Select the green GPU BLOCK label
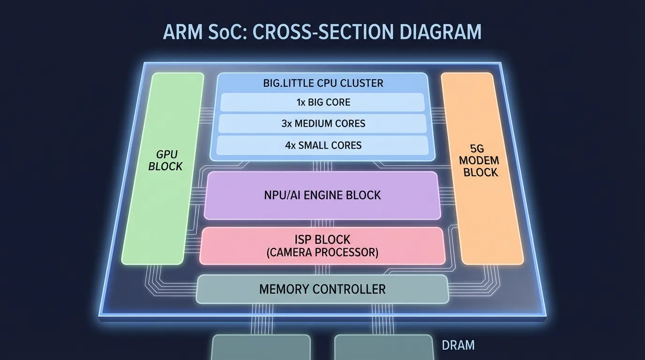point(165,160)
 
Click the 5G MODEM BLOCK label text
point(478,161)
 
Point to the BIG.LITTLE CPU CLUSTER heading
point(323,83)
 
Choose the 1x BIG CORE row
point(323,102)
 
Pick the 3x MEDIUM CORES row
point(323,124)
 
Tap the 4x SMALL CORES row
point(323,145)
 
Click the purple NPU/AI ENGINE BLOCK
point(322,195)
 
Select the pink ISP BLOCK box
point(322,246)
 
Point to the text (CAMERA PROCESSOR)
point(322,253)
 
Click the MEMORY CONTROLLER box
point(322,289)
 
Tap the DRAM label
point(458,345)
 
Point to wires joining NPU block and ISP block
point(322,223)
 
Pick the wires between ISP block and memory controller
point(322,270)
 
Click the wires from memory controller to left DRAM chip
point(261,319)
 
